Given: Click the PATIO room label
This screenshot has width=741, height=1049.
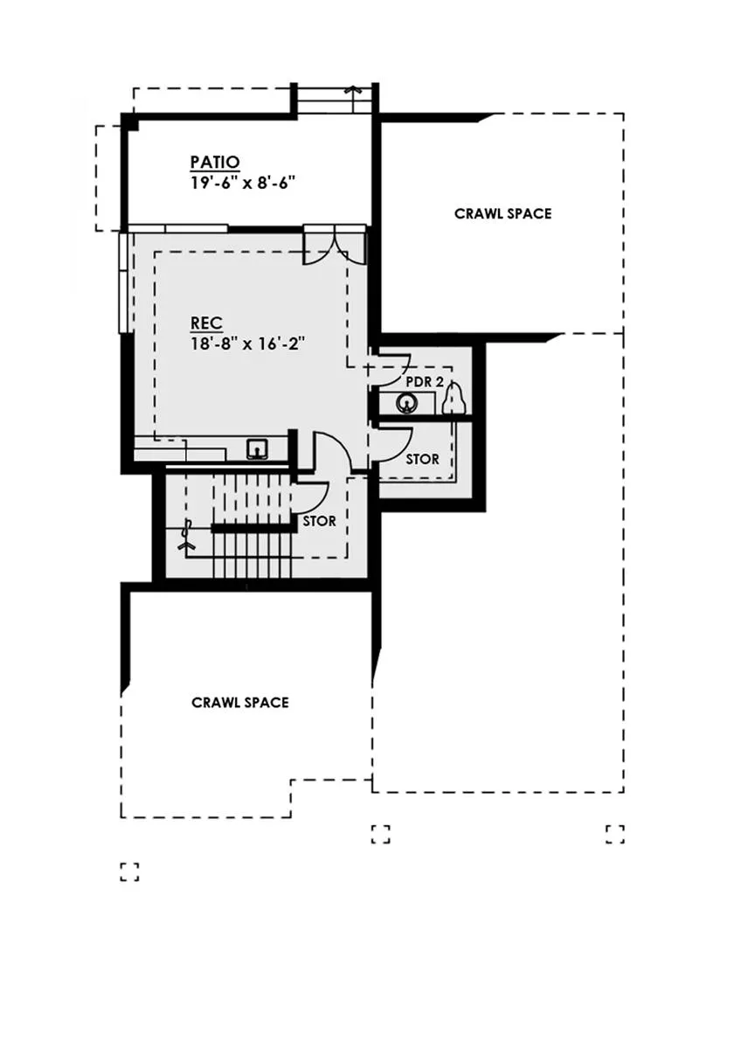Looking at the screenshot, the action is coord(215,162).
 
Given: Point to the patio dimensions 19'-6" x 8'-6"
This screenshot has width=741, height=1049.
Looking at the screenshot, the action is coord(243,182).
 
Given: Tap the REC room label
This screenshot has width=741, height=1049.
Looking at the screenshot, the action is coord(206,323).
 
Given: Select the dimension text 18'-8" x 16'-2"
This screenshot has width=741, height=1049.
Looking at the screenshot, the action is coord(247,344).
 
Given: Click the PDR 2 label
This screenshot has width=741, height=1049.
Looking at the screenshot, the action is coord(425,382).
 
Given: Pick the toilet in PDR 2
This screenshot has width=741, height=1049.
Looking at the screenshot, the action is coord(454,398).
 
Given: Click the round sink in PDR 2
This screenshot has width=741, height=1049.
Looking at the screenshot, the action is coord(405,403).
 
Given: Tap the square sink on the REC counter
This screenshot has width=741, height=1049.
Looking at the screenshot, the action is coord(258,449).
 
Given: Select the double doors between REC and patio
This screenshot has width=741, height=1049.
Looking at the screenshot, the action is coord(334,246).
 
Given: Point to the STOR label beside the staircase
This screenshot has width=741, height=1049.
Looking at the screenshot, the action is coord(319,521).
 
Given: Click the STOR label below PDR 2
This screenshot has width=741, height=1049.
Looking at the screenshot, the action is coord(423,460).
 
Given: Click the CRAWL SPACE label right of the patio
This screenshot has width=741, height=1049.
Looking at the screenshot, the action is coord(503,214).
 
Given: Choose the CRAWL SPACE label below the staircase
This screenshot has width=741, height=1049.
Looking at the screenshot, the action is coord(240,703).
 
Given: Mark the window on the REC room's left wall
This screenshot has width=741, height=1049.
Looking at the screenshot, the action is coord(123,282).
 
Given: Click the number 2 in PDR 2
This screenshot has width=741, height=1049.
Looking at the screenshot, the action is coord(440,382).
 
